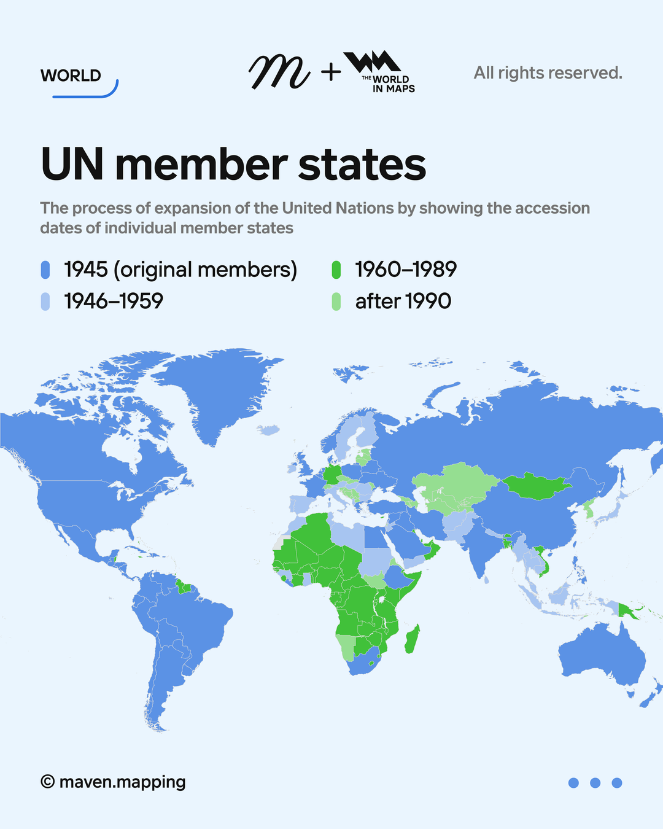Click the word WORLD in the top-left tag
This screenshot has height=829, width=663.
point(71,76)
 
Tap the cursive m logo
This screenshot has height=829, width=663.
point(279,72)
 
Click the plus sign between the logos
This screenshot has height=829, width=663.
point(331,73)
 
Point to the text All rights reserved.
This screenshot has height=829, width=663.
point(548,73)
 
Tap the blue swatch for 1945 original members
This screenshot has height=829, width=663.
point(45,270)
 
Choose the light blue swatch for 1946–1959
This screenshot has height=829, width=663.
point(45,302)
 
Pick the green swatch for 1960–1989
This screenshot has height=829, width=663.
point(336,270)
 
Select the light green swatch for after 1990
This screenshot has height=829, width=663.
point(336,302)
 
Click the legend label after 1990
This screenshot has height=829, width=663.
point(403,302)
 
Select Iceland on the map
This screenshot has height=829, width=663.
point(268,430)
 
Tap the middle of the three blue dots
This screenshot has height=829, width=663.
point(595,783)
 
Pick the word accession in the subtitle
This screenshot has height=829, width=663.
point(552,208)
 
